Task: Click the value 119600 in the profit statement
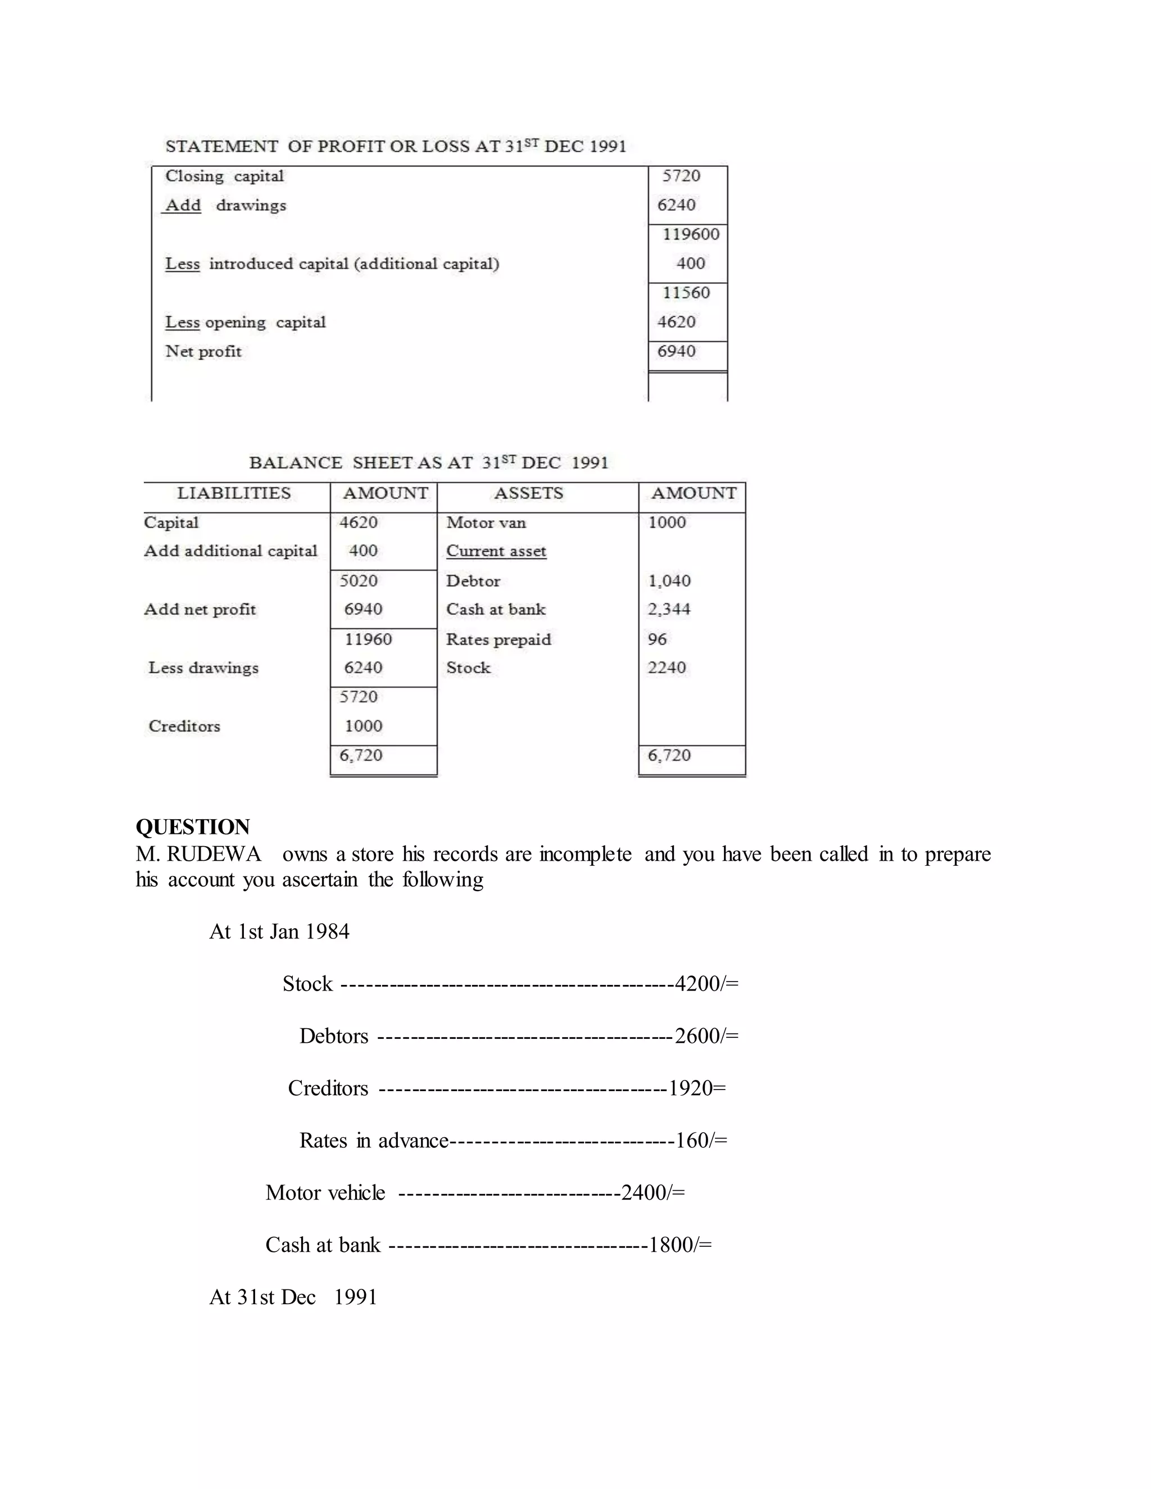pos(690,234)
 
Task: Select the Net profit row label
pos(203,352)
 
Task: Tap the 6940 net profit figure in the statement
pos(677,352)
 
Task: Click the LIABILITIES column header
pos(234,493)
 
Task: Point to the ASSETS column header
pos(528,493)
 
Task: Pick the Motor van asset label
pos(486,523)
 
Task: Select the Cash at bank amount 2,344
pos(669,610)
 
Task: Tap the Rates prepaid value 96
pos(658,639)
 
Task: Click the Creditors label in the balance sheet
pos(184,727)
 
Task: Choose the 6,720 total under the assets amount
pos(669,755)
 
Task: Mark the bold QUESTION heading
pos(193,827)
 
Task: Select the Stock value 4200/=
pos(706,984)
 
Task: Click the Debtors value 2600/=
pos(706,1036)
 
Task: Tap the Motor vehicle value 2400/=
pos(652,1192)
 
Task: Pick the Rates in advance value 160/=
pos(701,1141)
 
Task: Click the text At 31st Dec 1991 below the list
pos(293,1297)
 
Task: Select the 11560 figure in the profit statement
pos(686,293)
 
